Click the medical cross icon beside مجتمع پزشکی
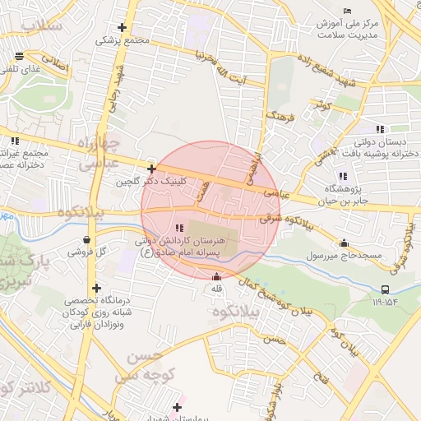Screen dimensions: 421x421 coord(123,27)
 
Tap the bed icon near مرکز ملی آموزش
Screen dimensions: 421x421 coord(349,10)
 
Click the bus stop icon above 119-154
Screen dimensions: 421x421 coord(386,289)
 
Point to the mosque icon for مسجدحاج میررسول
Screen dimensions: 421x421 coord(343,243)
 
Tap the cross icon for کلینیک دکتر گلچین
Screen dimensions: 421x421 coord(151,168)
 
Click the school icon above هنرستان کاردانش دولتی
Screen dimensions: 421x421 coord(180,227)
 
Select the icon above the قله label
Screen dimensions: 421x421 coord(216,276)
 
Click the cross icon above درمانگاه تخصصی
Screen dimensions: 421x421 coord(98,289)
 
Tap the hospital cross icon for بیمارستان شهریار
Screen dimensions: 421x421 coord(177,406)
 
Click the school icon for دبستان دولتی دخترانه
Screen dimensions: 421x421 coord(380,129)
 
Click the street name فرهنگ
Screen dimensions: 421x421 coord(275,119)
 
